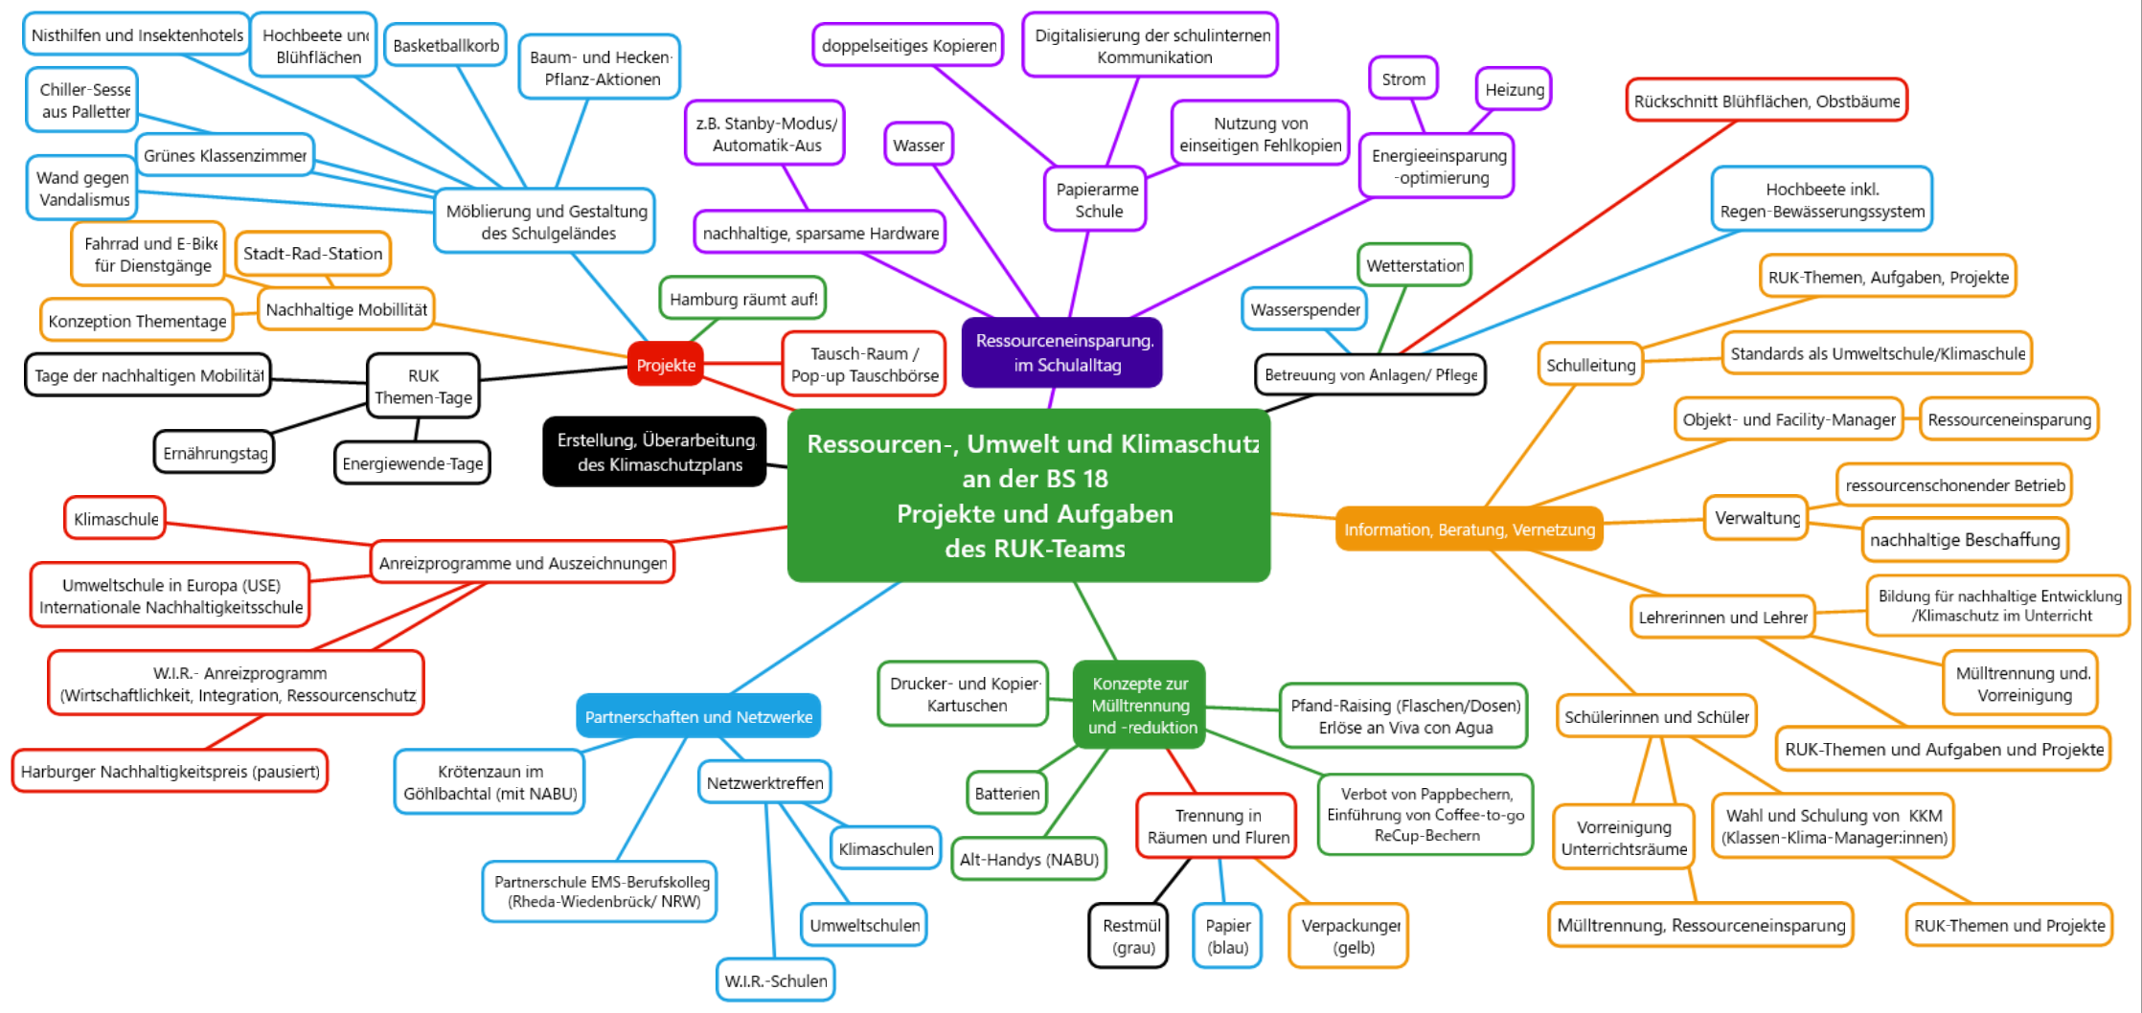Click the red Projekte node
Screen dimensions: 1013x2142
click(666, 365)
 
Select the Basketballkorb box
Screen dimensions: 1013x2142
click(445, 45)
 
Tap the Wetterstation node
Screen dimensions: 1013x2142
click(1414, 265)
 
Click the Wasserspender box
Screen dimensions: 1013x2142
click(1305, 309)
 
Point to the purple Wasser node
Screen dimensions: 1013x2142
click(918, 145)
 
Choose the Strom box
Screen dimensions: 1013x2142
click(1402, 79)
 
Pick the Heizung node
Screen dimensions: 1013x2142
click(1514, 89)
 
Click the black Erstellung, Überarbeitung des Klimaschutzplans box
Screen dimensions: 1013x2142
click(656, 452)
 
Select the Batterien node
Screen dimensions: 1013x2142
click(1007, 793)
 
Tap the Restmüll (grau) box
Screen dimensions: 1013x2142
click(1130, 936)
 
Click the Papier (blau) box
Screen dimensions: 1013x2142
click(1227, 936)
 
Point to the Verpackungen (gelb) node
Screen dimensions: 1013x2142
click(1350, 936)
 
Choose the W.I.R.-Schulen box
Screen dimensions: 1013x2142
click(775, 980)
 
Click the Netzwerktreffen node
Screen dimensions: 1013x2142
click(764, 782)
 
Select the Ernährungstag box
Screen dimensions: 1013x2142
click(215, 453)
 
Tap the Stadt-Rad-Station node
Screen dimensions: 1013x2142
click(312, 253)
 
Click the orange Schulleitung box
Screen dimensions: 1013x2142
click(1590, 365)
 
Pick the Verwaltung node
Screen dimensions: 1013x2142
click(1757, 518)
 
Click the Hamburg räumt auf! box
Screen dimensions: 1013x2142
click(742, 299)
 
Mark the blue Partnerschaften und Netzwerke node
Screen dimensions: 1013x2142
click(698, 716)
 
